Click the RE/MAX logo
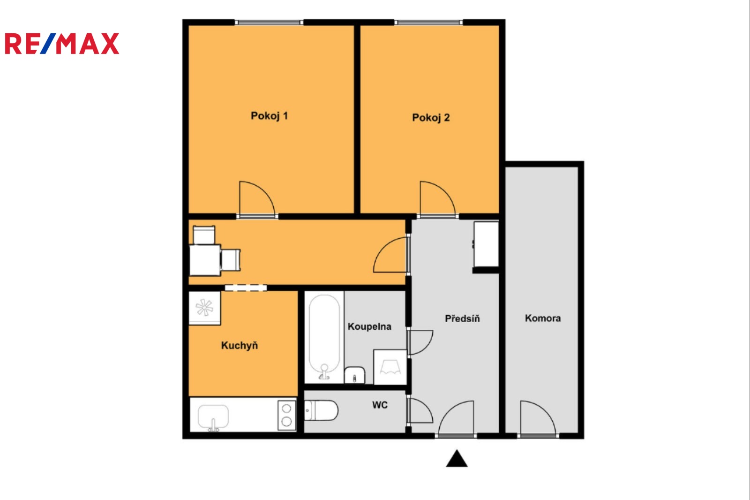62,44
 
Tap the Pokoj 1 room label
269,116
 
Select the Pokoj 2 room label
431,118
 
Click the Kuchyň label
240,346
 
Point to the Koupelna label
369,326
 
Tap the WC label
380,405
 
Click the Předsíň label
462,318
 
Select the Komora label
543,318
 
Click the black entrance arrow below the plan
457,458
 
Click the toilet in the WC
321,410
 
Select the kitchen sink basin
213,417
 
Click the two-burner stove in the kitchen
286,415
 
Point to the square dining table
205,260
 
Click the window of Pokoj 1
269,23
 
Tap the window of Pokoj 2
428,23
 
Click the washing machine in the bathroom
390,367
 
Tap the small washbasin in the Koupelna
354,375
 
